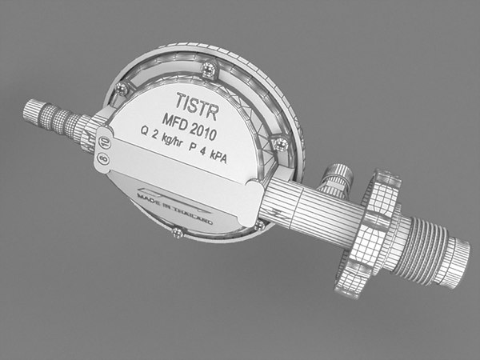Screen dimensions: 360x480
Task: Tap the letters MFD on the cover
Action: pyautogui.click(x=174, y=122)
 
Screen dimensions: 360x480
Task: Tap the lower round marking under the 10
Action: pyautogui.click(x=102, y=158)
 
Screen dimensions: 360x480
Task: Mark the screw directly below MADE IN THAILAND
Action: pyautogui.click(x=177, y=232)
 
